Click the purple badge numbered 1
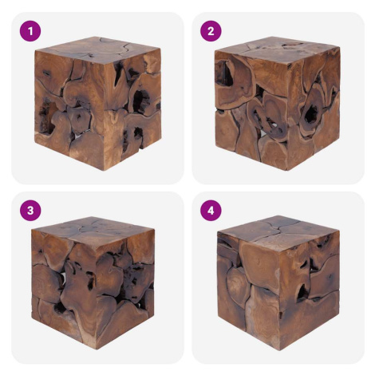click(x=30, y=31)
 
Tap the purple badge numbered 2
click(x=211, y=31)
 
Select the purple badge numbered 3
click(x=30, y=211)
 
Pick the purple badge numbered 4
click(x=211, y=211)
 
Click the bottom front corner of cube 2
click(x=286, y=170)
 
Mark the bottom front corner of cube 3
click(x=96, y=349)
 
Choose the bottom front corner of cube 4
click(x=280, y=350)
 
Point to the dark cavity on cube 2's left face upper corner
click(x=224, y=73)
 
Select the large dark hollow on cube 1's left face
click(x=45, y=117)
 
